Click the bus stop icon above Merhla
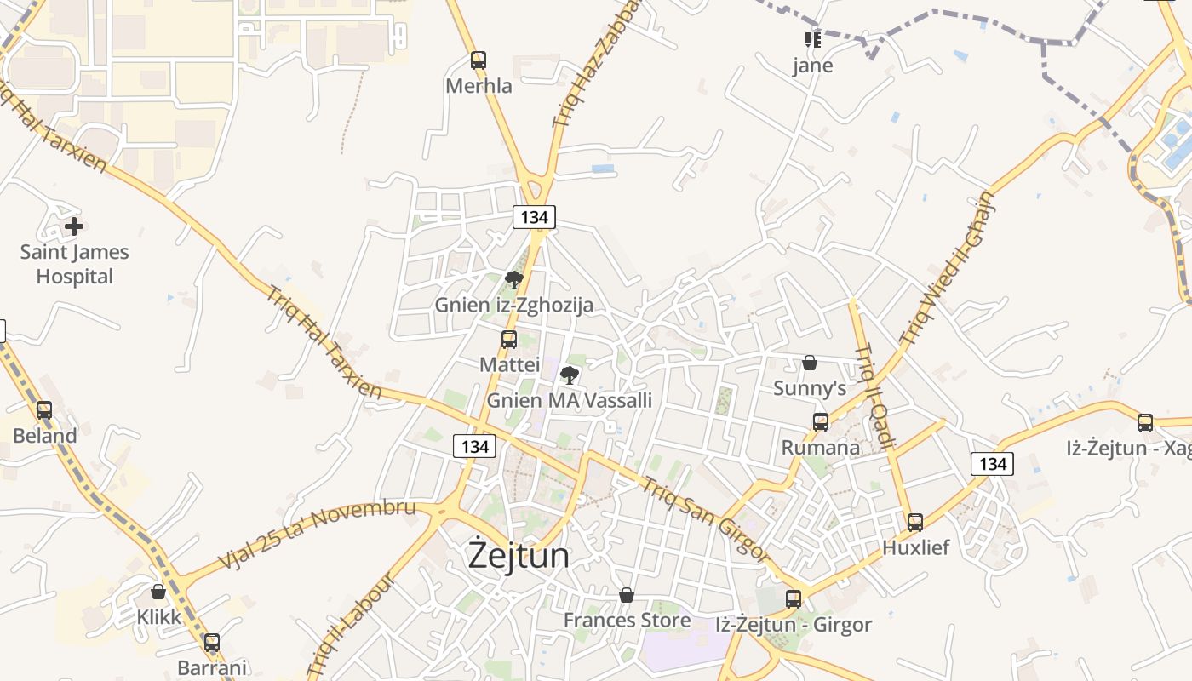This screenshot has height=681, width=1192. [x=479, y=60]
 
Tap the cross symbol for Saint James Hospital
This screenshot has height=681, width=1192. [x=74, y=226]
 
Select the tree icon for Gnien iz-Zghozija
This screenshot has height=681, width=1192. [x=513, y=279]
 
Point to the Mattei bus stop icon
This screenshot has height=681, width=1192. [x=509, y=340]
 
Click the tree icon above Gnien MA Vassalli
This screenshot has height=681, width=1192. [x=570, y=375]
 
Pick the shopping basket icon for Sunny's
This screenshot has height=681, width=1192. [x=810, y=363]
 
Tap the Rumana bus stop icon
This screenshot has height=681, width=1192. [x=821, y=422]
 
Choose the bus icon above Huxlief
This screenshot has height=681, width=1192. [x=915, y=523]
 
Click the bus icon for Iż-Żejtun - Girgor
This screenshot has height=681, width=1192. [x=794, y=599]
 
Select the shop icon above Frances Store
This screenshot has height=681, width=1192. [x=627, y=595]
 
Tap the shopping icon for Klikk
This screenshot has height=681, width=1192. [x=158, y=592]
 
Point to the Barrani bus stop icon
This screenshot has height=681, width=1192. [x=212, y=643]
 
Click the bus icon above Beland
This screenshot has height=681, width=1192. [x=44, y=410]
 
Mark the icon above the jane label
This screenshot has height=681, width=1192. [x=812, y=39]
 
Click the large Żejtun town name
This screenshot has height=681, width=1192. [x=519, y=555]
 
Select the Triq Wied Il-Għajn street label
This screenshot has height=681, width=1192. [x=947, y=269]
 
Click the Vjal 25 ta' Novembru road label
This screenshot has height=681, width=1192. [x=317, y=535]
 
